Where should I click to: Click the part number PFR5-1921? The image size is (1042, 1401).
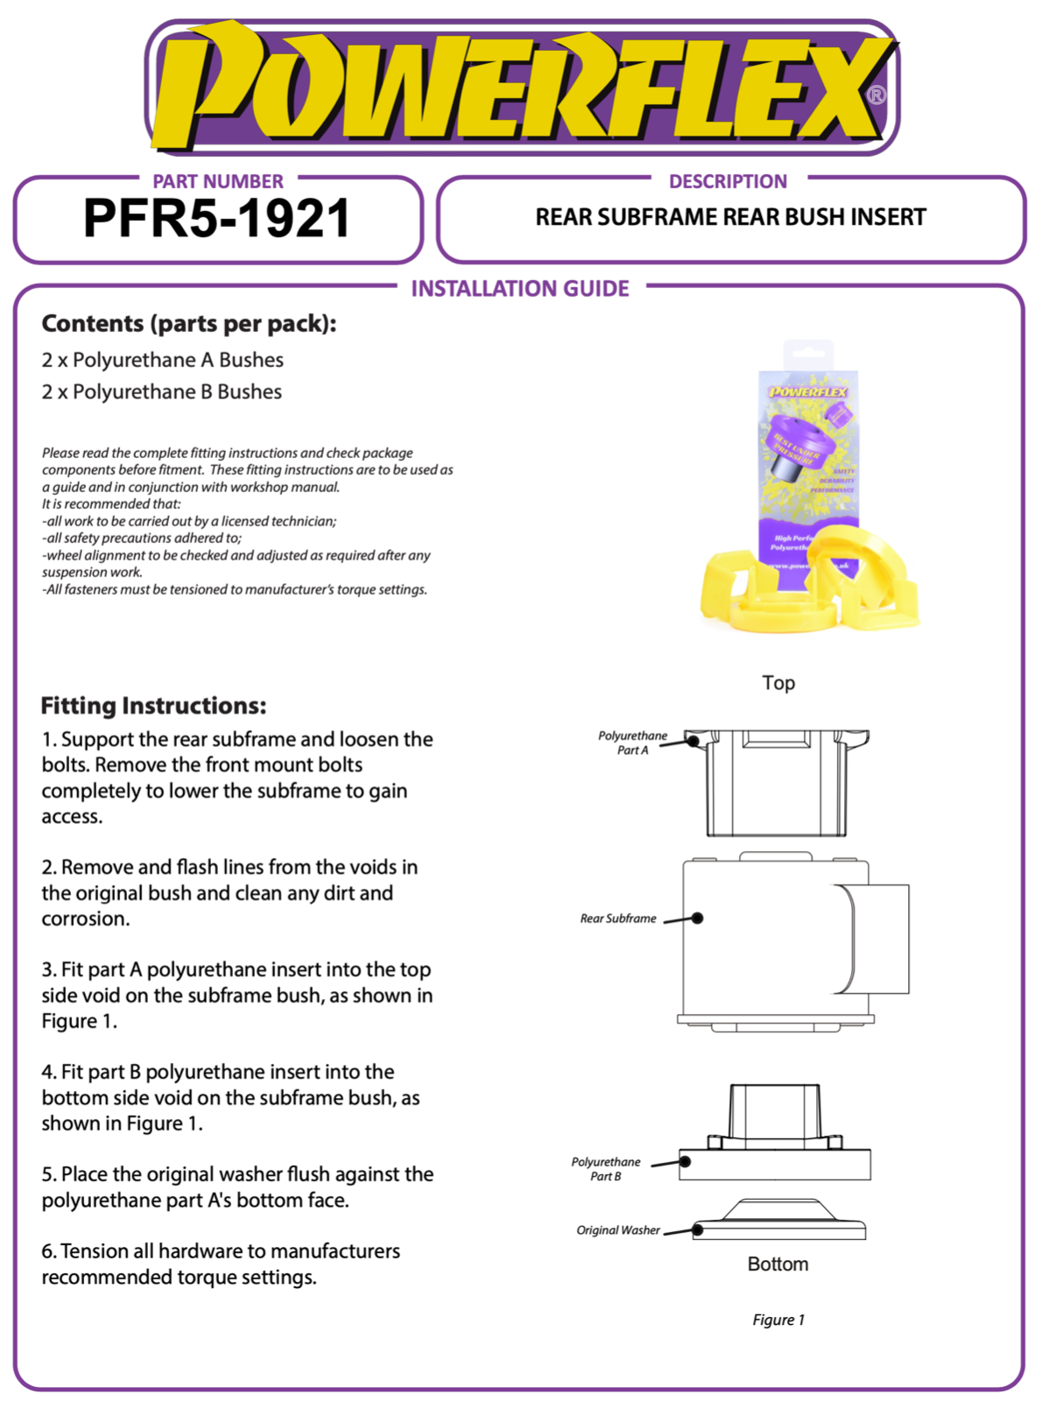tap(216, 219)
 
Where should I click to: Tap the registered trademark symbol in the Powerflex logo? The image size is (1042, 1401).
tap(875, 95)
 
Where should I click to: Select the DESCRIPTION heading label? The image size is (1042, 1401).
tap(728, 181)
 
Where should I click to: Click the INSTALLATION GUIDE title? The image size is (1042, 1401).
tap(520, 289)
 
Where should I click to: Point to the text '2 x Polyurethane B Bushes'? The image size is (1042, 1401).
tap(161, 391)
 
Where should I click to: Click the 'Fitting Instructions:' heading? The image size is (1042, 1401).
tap(153, 706)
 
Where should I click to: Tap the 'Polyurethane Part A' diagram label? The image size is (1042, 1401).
tap(632, 743)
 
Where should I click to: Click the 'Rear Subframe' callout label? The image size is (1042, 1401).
tap(617, 919)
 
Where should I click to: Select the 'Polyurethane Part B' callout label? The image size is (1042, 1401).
tap(606, 1169)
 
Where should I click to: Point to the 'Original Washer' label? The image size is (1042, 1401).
tap(617, 1230)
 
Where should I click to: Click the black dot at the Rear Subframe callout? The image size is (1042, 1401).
tap(698, 919)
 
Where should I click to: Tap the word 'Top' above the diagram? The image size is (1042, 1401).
tap(778, 683)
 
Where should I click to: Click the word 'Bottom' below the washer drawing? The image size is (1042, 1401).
tap(778, 1264)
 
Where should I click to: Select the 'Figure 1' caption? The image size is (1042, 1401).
tap(778, 1320)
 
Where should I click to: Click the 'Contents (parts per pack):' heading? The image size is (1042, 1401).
tap(189, 324)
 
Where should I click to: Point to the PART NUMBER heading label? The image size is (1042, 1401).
tap(218, 181)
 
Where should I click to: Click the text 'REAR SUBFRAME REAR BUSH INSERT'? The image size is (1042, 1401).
tap(730, 217)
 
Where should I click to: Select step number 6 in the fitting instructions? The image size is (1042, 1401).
tap(49, 1251)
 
